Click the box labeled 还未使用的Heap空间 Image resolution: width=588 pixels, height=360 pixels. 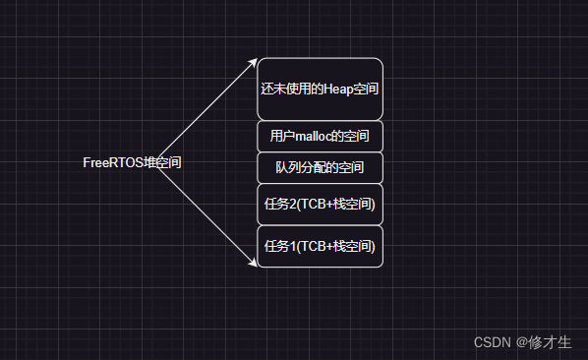pyautogui.click(x=320, y=89)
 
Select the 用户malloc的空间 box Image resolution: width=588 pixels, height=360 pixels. pyautogui.click(x=320, y=136)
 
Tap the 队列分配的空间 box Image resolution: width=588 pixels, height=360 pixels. pyautogui.click(x=320, y=167)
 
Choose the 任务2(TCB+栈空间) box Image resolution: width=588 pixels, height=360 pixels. pyautogui.click(x=320, y=205)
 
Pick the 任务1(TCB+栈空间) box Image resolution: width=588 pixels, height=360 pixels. pyautogui.click(x=320, y=246)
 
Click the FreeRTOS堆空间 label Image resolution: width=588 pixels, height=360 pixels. pyautogui.click(x=132, y=163)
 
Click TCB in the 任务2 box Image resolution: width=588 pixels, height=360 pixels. pyautogui.click(x=312, y=205)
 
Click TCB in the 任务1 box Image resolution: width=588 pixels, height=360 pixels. pyautogui.click(x=312, y=246)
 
